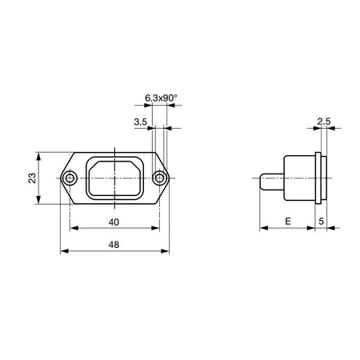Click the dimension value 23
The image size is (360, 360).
pos(32,178)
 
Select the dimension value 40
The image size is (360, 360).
pos(114,222)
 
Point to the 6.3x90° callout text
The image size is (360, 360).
pos(161,98)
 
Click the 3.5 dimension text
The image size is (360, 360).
pos(140,122)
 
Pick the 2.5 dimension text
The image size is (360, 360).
pos(323,122)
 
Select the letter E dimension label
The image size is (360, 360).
pos(287,222)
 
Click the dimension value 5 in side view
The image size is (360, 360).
pos(322,222)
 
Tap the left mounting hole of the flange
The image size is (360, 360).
pos(71,178)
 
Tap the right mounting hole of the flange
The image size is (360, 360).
pos(161,178)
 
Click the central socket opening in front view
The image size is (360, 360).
pos(116,178)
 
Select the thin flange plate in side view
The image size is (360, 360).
pos(322,178)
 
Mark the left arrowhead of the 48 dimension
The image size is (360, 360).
pos(65,252)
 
